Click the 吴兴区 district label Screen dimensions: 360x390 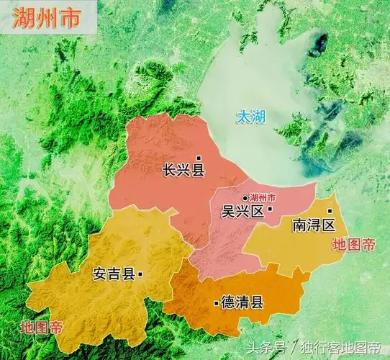click(x=241, y=212)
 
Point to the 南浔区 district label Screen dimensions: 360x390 click(x=314, y=225)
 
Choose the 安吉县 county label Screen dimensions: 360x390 click(x=114, y=274)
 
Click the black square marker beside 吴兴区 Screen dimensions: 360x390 click(x=270, y=210)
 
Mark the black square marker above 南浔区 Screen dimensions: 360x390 click(x=330, y=211)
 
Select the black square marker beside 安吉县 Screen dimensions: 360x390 click(x=140, y=274)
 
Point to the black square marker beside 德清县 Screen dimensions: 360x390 click(x=217, y=303)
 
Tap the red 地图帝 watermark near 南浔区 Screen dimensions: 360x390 click(x=353, y=244)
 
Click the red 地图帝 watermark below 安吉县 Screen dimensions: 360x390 click(x=42, y=326)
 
